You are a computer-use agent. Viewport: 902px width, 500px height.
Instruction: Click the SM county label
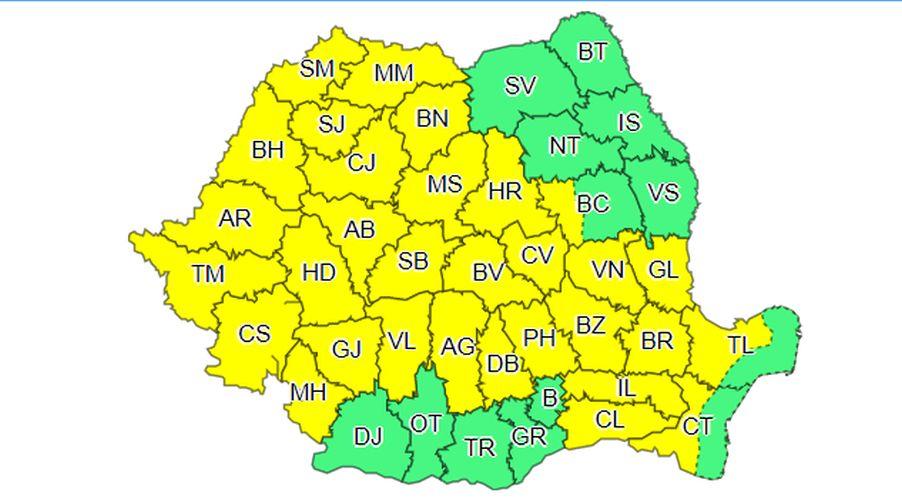[x=317, y=69]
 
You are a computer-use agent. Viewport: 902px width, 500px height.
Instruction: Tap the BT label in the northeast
[x=593, y=52]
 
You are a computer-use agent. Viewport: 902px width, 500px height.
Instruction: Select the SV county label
[x=520, y=86]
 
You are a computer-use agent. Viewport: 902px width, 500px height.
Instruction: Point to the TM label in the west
[x=208, y=273]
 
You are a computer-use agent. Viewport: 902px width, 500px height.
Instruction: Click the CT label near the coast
[x=698, y=427]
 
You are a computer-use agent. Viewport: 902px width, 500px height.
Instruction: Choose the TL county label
[x=740, y=346]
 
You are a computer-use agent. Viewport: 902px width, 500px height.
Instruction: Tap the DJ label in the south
[x=368, y=436]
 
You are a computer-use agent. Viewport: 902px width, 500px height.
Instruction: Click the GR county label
[x=529, y=436]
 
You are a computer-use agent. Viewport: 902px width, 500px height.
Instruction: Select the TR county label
[x=480, y=448]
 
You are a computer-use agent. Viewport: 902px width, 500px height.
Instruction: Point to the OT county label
[x=426, y=424]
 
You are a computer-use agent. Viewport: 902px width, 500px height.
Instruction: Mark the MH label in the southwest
[x=308, y=393]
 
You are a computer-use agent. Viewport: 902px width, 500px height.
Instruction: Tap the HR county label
[x=505, y=191]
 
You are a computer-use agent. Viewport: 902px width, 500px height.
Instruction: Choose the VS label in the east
[x=664, y=193]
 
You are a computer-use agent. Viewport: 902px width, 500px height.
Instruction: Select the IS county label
[x=629, y=122]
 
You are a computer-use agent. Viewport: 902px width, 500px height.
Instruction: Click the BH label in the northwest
[x=267, y=150]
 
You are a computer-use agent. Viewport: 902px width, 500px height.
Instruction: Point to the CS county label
[x=254, y=334]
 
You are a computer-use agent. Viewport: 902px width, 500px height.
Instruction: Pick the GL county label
[x=663, y=270]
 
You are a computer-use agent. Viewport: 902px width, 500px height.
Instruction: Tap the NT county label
[x=565, y=146]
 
